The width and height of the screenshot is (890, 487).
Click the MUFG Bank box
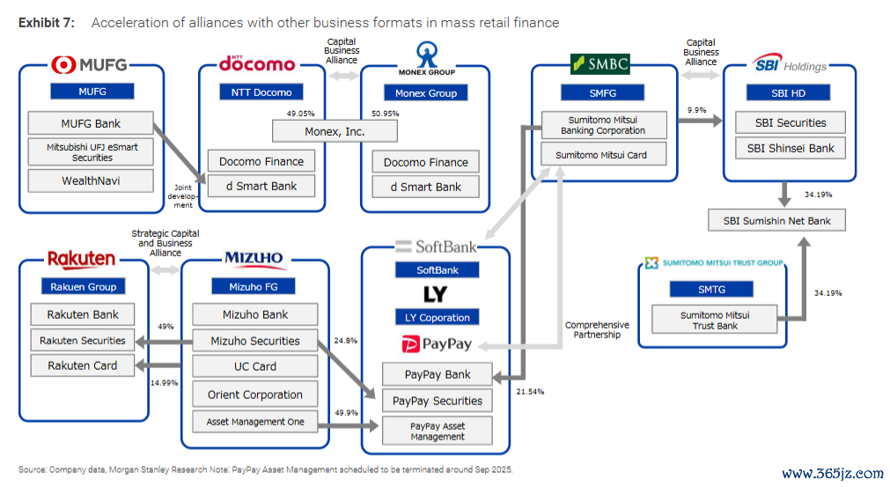(91, 123)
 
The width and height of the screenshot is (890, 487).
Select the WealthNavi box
(91, 181)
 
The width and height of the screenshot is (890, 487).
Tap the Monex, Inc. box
(335, 132)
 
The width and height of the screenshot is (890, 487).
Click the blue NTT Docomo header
(261, 92)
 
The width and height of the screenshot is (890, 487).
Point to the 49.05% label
(300, 114)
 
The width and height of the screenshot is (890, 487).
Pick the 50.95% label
(386, 114)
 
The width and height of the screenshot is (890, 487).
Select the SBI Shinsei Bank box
(791, 148)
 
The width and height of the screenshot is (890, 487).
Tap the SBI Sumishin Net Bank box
(776, 220)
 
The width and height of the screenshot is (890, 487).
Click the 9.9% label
(696, 110)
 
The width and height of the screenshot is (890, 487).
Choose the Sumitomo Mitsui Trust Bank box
(715, 320)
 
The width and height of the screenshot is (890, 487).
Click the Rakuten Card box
(82, 365)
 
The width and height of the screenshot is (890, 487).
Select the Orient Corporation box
(255, 395)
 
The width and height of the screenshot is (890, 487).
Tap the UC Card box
(255, 366)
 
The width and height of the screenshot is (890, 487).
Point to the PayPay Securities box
(437, 401)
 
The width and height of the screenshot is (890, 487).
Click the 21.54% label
(530, 392)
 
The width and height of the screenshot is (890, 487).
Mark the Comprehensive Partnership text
(597, 329)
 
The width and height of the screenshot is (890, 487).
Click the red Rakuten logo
(81, 260)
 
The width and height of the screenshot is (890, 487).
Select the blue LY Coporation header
(437, 317)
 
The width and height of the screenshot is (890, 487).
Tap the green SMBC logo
(600, 63)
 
